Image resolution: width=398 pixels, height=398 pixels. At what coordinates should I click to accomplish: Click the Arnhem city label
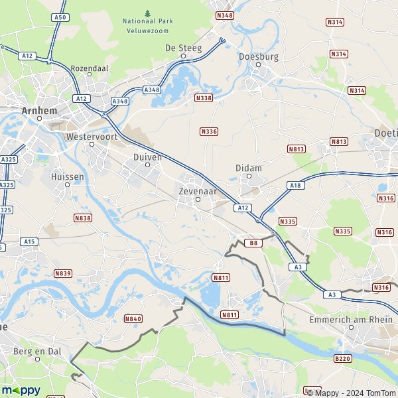[40, 111]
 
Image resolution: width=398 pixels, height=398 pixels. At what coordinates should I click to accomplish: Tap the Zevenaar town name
[197, 190]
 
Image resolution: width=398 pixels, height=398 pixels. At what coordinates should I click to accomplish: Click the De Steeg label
[183, 47]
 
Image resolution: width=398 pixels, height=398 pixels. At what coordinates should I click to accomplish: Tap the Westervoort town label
[92, 137]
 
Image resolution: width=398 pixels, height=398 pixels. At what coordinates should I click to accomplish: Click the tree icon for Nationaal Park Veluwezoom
[147, 12]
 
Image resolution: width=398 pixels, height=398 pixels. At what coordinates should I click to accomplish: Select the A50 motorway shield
[60, 17]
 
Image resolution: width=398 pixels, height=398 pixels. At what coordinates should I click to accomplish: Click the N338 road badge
[204, 98]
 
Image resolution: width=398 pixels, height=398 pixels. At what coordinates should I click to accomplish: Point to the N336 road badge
[208, 131]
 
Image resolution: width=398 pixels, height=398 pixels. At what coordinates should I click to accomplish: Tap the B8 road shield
[253, 243]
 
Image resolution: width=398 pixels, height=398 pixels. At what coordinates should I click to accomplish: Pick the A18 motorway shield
[296, 186]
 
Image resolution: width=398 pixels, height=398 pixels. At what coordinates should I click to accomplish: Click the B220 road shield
[342, 359]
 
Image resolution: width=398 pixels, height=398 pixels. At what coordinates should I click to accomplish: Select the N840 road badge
[133, 319]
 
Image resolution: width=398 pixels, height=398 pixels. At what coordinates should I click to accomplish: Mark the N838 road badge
[83, 218]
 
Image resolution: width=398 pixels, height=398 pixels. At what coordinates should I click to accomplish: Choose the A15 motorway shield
[29, 242]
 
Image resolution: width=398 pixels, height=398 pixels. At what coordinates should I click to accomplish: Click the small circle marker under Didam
[249, 176]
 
